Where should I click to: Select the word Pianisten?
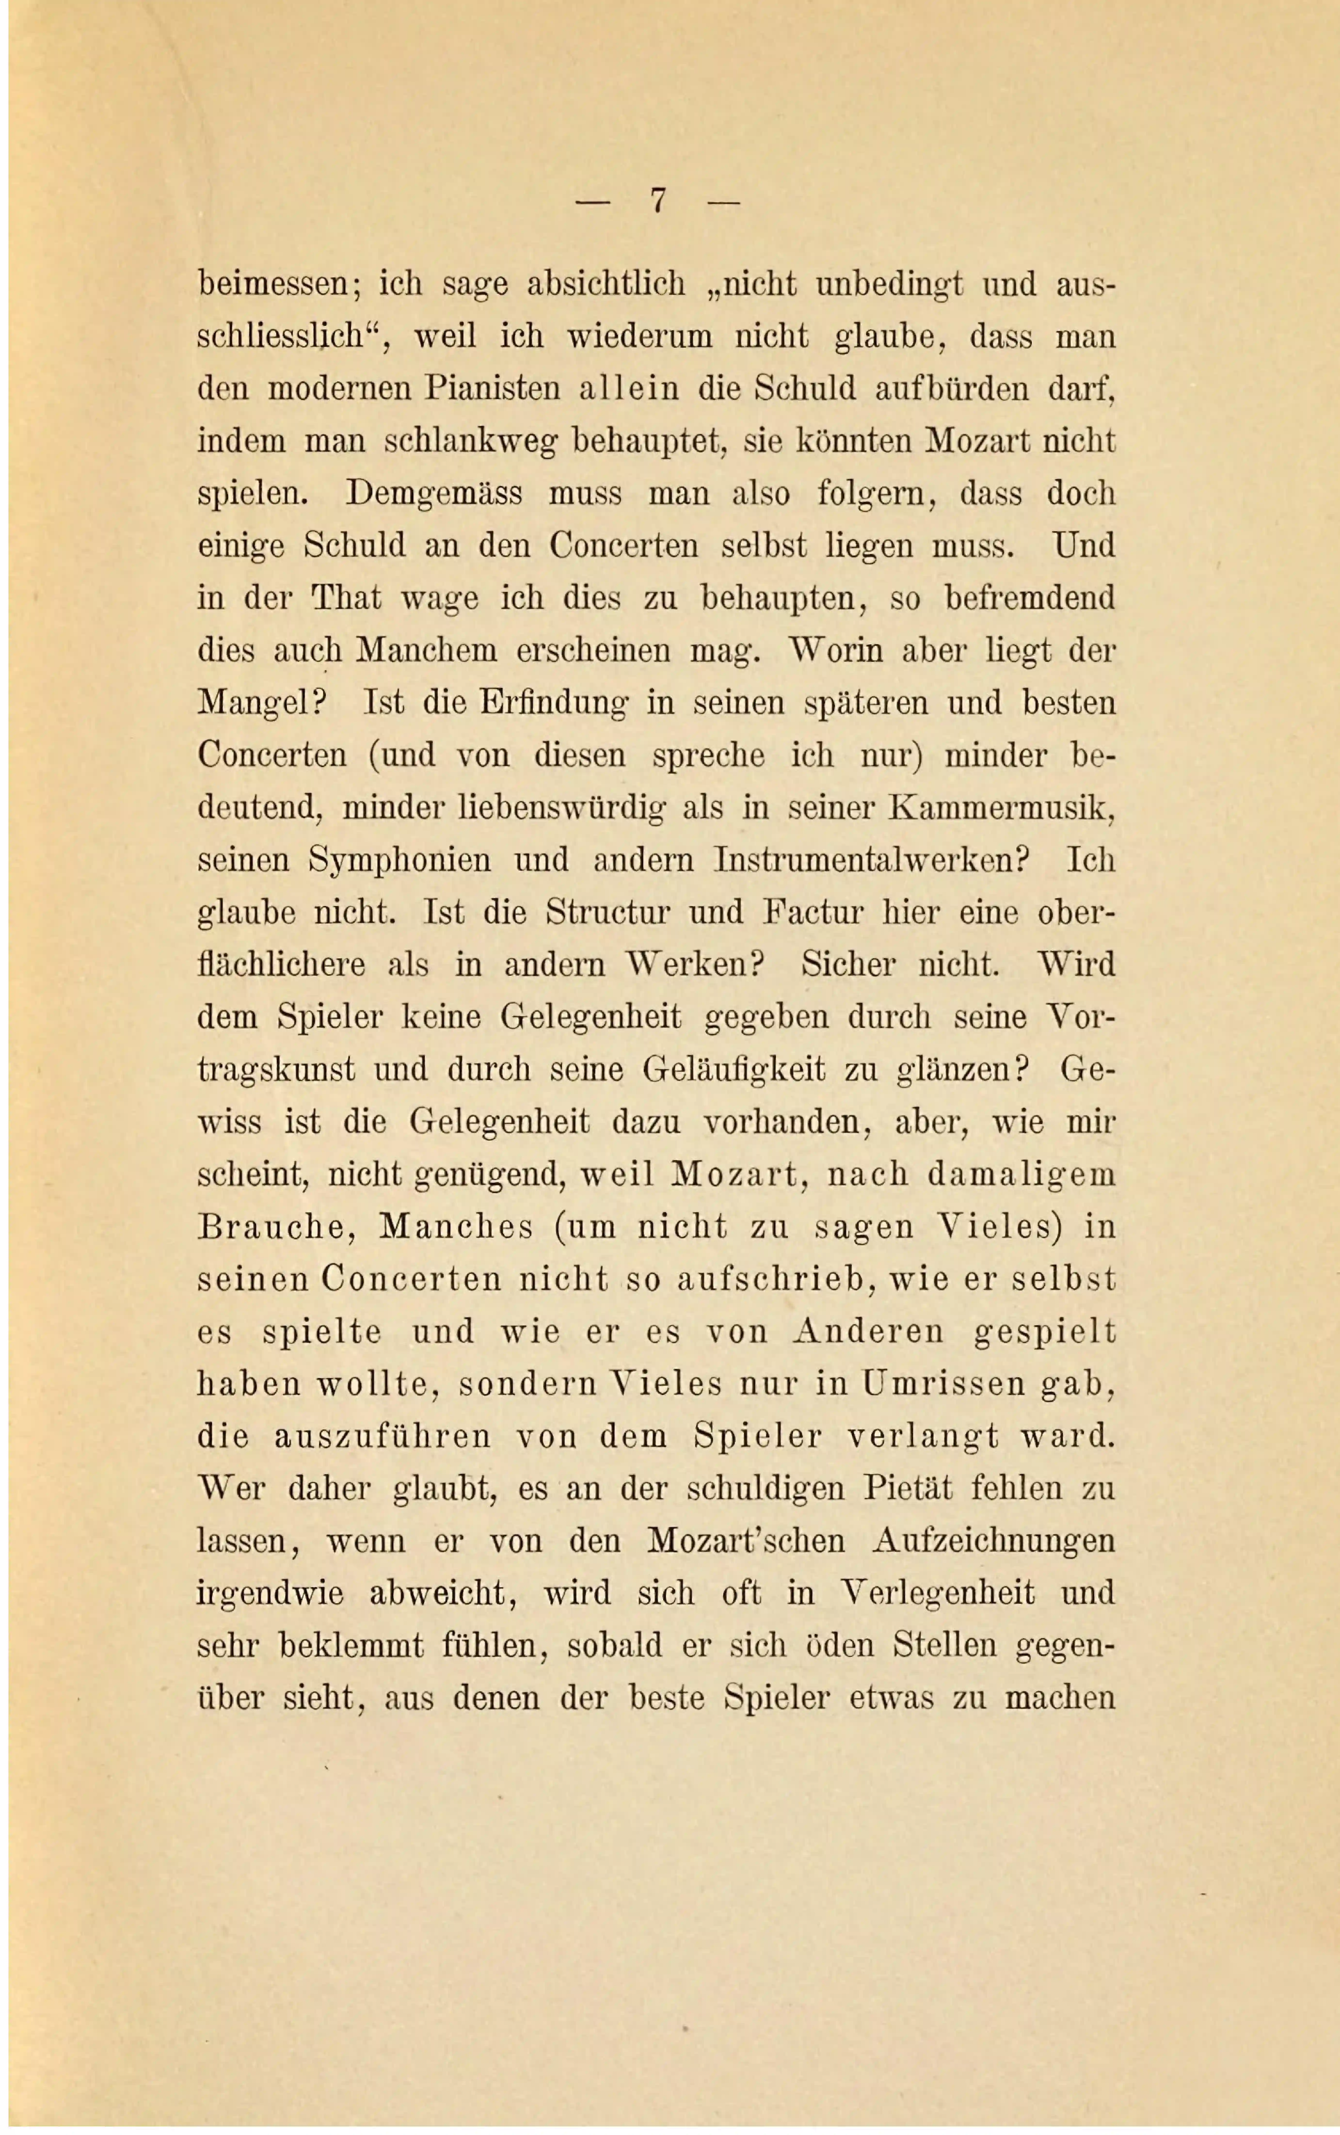(x=493, y=389)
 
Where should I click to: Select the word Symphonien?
(x=400, y=860)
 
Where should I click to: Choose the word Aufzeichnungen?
(x=993, y=1541)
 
